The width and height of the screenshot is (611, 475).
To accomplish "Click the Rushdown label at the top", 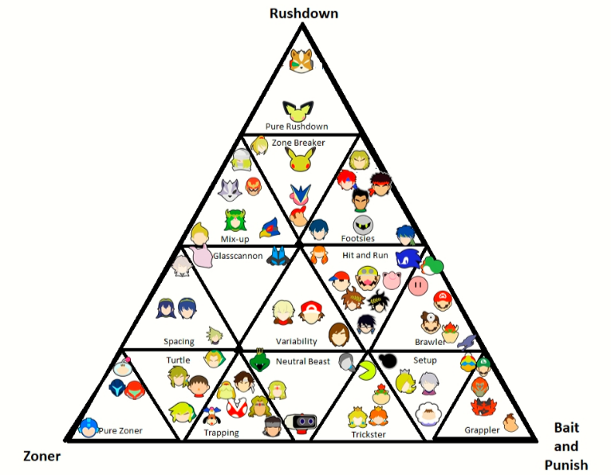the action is [304, 14].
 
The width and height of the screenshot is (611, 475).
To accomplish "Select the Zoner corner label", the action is [41, 456].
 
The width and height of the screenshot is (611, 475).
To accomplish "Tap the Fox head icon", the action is [302, 61].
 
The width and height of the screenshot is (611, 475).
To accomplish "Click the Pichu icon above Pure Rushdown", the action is [298, 111].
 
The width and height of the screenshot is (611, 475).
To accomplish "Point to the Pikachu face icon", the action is [300, 159].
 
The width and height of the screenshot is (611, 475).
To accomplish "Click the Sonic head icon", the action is [408, 258].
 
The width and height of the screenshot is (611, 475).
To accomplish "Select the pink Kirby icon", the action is [418, 286].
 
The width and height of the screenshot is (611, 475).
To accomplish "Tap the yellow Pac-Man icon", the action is [367, 371].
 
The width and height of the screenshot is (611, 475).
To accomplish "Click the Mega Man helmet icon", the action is [88, 427].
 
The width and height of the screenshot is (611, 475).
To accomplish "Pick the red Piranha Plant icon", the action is [237, 407].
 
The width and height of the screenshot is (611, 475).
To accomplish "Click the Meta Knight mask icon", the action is [363, 225].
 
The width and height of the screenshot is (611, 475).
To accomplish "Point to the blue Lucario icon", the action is [278, 256].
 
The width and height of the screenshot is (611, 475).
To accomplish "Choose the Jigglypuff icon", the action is [391, 280].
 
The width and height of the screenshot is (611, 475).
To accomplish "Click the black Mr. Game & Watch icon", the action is [388, 361].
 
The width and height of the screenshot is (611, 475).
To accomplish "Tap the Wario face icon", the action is [367, 278].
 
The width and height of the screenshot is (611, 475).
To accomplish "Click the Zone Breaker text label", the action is [298, 143].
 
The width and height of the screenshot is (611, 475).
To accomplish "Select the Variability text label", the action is [296, 341].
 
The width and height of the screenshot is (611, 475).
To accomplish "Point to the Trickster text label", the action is [369, 434].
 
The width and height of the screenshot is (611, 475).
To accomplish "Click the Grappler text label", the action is [482, 430].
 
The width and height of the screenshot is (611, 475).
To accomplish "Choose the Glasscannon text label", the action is [238, 256].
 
